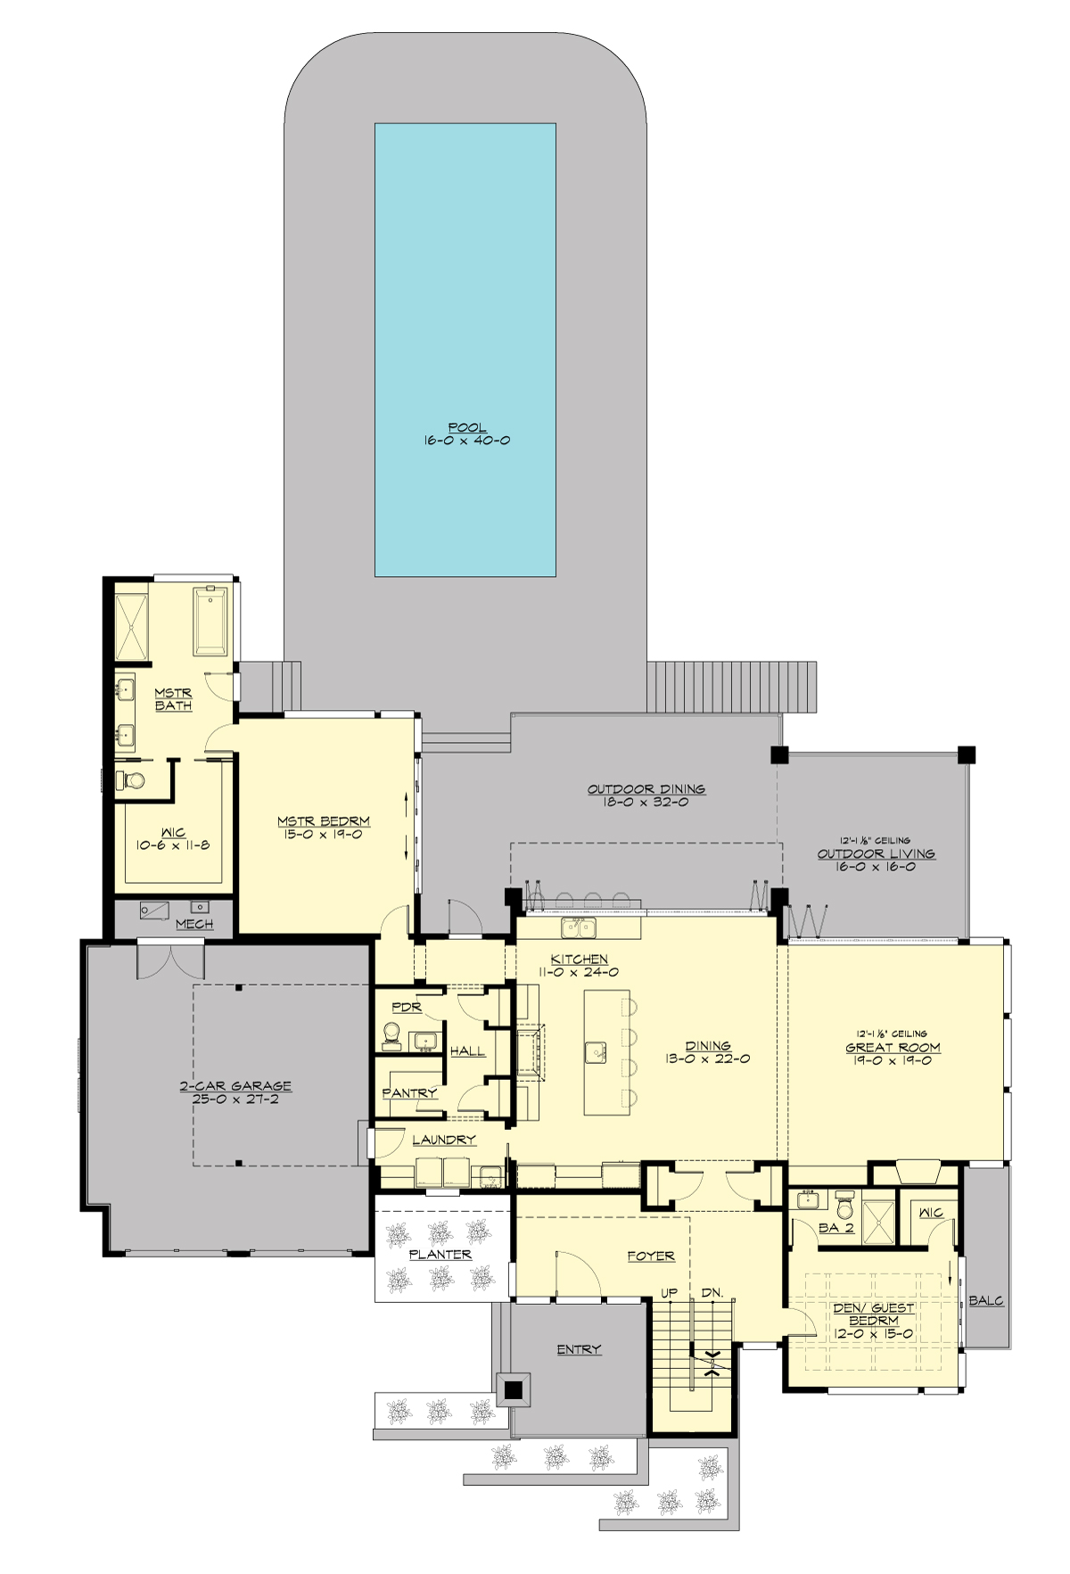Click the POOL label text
pos(467,428)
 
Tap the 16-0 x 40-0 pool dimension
pos(467,441)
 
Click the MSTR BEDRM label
pos(323,821)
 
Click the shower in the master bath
pos(132,626)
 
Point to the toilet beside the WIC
pos(132,780)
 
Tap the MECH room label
pos(194,924)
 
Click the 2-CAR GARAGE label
pos(235,1086)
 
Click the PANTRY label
pos(409,1092)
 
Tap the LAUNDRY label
pos(444,1140)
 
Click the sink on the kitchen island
pos(597,1052)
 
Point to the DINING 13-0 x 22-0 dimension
pos(707,1059)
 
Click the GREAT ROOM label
pos(893,1048)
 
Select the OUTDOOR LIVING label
pos(876,853)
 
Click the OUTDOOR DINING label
pos(646,789)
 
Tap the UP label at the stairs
pos(669,1292)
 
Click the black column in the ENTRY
pos(513,1389)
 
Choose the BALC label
pos(986,1301)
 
